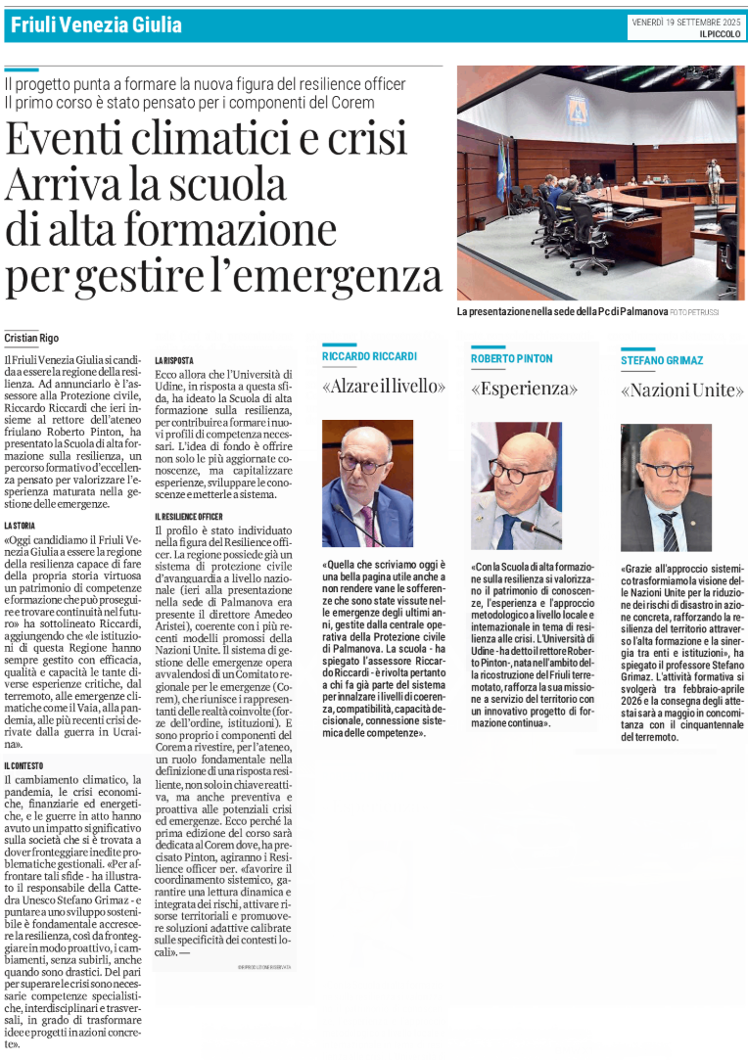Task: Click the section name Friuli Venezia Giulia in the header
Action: [x=94, y=23]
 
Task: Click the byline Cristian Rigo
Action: [x=31, y=338]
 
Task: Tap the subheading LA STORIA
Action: [x=21, y=526]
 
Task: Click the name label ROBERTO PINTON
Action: [x=511, y=359]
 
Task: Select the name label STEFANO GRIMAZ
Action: [x=661, y=361]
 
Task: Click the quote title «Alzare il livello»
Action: [x=384, y=388]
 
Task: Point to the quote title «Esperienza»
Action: [x=524, y=389]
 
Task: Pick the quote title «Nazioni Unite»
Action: [x=681, y=391]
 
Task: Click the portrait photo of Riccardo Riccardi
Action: [x=367, y=483]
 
